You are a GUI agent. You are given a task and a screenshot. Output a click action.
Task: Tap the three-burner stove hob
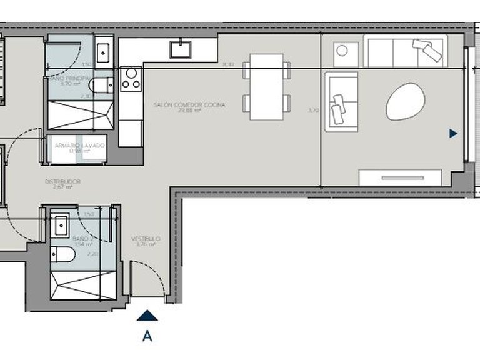coord(132,78)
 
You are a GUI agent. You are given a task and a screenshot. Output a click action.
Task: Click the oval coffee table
coord(406,101)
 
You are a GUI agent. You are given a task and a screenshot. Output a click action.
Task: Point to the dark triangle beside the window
coord(453,133)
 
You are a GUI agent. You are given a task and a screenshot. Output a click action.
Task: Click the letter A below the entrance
coord(147,336)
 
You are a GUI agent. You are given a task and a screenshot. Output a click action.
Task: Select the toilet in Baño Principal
coord(101,84)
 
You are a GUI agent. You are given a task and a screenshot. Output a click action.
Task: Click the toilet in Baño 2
coord(63,253)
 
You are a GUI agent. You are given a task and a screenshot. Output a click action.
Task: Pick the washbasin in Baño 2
coord(61,225)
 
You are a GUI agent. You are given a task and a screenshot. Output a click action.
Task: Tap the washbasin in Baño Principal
coord(104,49)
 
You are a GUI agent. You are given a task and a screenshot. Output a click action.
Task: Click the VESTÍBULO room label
coord(146,239)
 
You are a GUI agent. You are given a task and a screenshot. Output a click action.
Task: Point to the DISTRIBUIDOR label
coord(63,182)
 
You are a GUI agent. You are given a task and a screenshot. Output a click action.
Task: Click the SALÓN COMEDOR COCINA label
coord(189,105)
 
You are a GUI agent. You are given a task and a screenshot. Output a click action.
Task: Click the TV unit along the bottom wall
coord(401,176)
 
